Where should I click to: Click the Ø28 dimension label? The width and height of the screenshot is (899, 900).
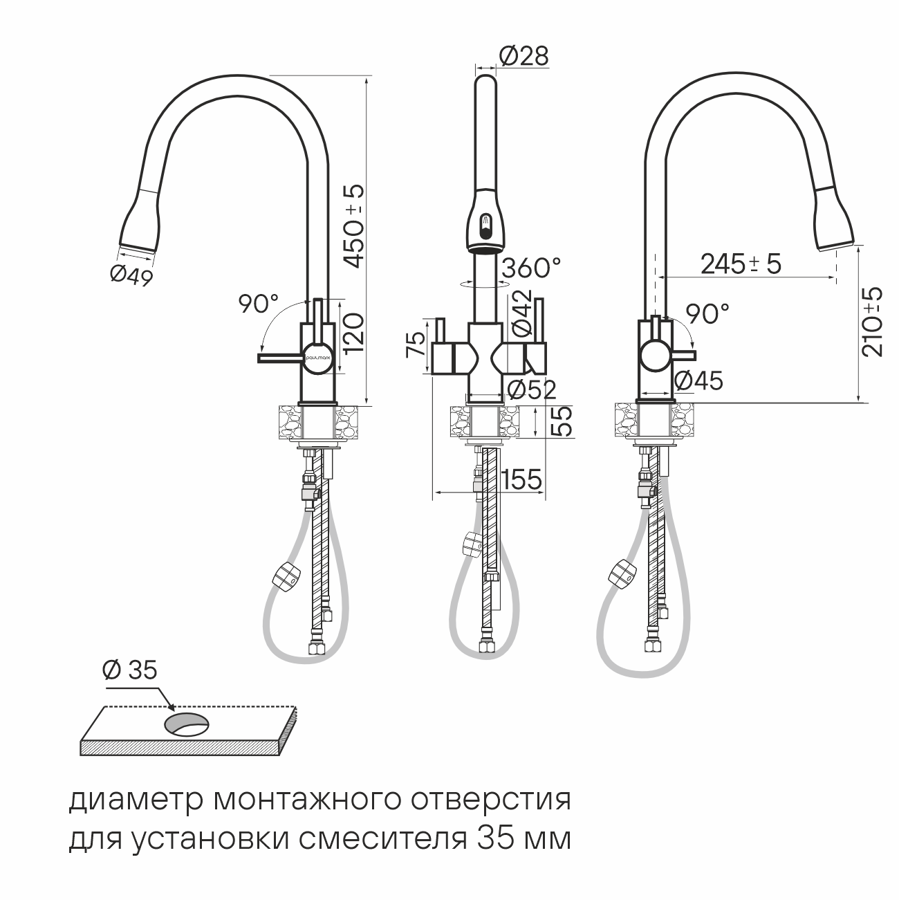[x=523, y=57]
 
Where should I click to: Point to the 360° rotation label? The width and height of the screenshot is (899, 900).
[x=532, y=268]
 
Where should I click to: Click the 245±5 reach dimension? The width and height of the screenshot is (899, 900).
[x=741, y=264]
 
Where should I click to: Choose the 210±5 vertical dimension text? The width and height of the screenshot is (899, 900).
[x=871, y=322]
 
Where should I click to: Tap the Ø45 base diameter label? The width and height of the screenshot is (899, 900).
[x=698, y=381]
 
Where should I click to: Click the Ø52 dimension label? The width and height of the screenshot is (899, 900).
[x=532, y=390]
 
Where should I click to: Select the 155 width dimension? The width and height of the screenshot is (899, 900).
[x=521, y=479]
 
